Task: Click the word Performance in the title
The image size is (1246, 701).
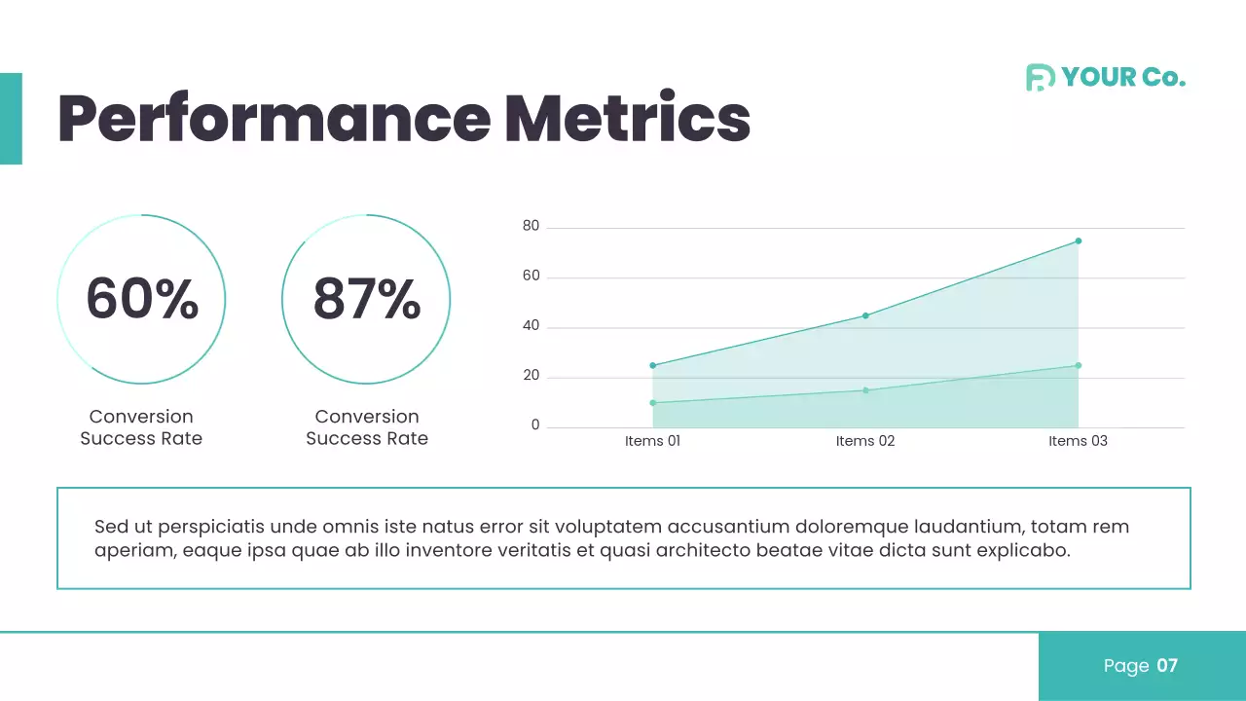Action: point(274,119)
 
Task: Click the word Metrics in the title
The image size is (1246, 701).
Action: point(627,119)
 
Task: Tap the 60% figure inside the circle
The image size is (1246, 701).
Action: point(142,299)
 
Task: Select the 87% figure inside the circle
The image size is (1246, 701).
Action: point(367,299)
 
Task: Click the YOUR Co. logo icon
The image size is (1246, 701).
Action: point(1040,78)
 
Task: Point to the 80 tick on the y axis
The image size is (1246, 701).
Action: point(531,227)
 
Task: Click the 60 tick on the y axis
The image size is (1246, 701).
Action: point(531,277)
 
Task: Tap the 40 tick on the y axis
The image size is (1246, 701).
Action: point(531,327)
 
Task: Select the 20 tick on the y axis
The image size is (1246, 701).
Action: point(531,377)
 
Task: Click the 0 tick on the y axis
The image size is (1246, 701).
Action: point(535,426)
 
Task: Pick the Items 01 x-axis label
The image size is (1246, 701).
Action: point(652,441)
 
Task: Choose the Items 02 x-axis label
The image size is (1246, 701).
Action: point(865,441)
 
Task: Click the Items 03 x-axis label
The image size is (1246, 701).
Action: point(1078,441)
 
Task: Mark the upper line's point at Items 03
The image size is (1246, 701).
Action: point(1079,240)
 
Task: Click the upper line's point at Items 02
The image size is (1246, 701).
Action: point(865,315)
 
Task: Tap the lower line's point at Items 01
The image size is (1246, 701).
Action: point(652,402)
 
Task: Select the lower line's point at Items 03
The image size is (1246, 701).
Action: point(1079,365)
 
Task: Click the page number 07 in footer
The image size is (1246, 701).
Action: point(1167,666)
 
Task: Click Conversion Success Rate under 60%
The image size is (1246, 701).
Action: point(141,427)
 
